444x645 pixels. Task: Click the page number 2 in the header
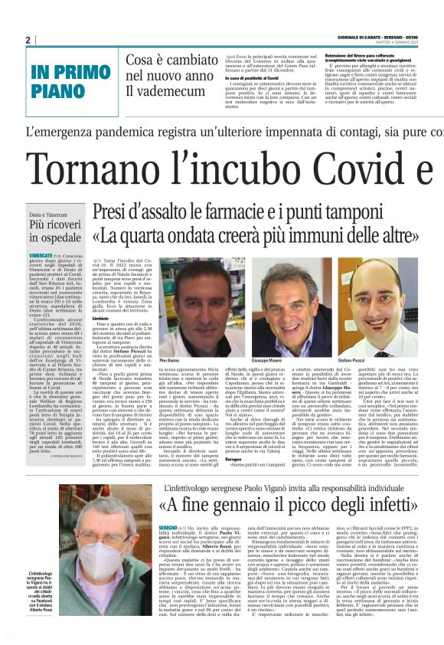[x=28, y=40]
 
